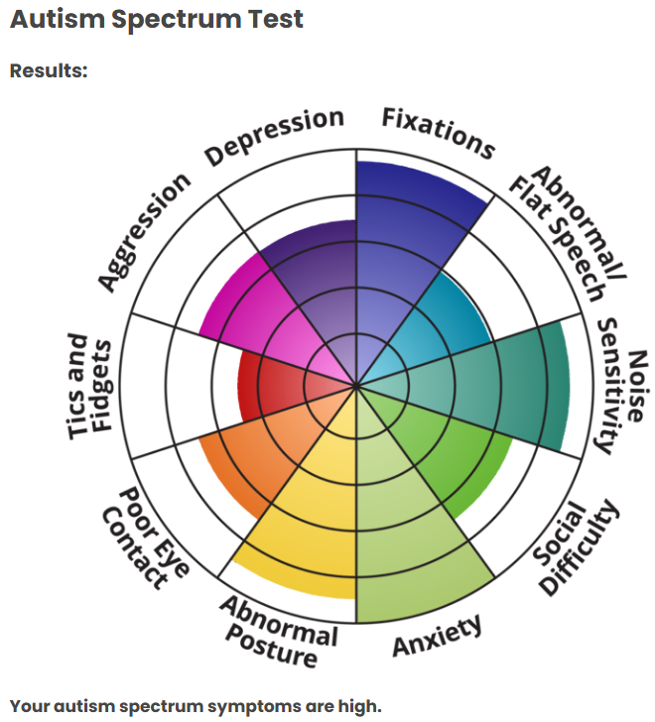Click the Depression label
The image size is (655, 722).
click(x=275, y=136)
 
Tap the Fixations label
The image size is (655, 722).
click(x=439, y=133)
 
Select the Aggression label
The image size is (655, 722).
click(x=145, y=232)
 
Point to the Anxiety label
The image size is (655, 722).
click(x=437, y=636)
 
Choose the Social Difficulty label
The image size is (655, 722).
click(x=577, y=547)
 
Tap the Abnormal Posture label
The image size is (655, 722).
click(x=279, y=632)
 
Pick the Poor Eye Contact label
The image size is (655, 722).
click(x=145, y=538)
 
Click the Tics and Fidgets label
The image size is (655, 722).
click(x=89, y=386)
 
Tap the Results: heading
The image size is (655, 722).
click(x=49, y=71)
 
